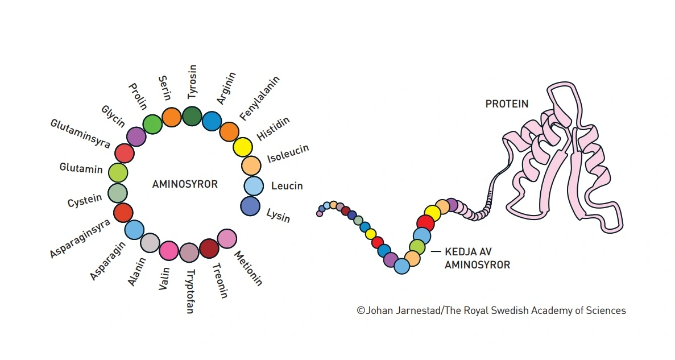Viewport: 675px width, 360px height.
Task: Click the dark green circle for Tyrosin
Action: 192,115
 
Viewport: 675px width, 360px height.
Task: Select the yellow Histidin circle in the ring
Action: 243,147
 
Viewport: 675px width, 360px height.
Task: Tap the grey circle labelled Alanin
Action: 150,243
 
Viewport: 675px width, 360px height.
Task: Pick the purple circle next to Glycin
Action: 136,136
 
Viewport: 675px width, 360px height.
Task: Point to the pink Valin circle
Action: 169,250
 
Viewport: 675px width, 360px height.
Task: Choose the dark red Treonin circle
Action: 209,249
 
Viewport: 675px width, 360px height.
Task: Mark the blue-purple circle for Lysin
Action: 250,206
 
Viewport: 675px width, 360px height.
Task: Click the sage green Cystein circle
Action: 118,193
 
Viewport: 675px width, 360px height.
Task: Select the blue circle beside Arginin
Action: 212,121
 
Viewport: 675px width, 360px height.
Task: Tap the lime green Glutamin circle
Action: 118,172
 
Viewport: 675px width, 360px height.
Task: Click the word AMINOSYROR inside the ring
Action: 185,184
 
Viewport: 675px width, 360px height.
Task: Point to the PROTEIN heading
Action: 507,104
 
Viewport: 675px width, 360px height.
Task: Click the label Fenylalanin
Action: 254,103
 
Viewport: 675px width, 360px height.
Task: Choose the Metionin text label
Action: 249,268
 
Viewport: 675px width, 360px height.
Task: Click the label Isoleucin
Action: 288,154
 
